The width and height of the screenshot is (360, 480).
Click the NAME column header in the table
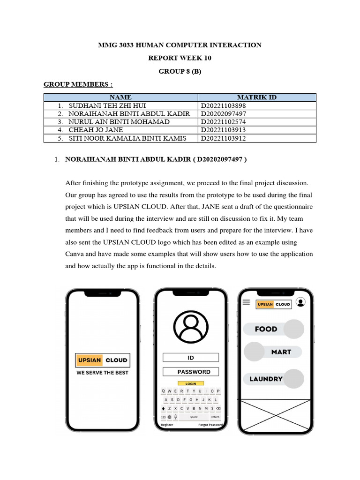click(x=121, y=97)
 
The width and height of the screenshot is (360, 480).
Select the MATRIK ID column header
click(x=256, y=97)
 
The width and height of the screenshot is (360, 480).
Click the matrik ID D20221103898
click(x=223, y=106)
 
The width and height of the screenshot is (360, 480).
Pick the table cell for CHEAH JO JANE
click(x=96, y=130)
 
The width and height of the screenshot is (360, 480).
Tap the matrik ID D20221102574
click(x=223, y=122)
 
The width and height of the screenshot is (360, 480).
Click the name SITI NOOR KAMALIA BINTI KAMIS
click(x=127, y=138)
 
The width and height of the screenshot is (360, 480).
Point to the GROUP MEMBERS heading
click(x=78, y=84)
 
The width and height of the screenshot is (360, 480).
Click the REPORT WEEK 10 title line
click(x=180, y=58)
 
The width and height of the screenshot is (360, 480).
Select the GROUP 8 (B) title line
click(x=180, y=71)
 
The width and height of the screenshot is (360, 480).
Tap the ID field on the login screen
click(x=191, y=358)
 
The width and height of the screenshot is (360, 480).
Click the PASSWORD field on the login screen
click(x=191, y=372)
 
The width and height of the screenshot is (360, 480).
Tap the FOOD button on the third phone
click(x=266, y=329)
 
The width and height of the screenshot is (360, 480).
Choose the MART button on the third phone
click(x=281, y=352)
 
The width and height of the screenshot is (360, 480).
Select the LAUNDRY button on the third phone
click(x=266, y=379)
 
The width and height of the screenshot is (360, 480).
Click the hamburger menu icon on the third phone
click(x=246, y=303)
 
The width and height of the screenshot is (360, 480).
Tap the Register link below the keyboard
click(x=167, y=425)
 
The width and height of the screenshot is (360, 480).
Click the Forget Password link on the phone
click(x=210, y=425)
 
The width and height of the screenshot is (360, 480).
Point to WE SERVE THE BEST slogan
click(x=102, y=373)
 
